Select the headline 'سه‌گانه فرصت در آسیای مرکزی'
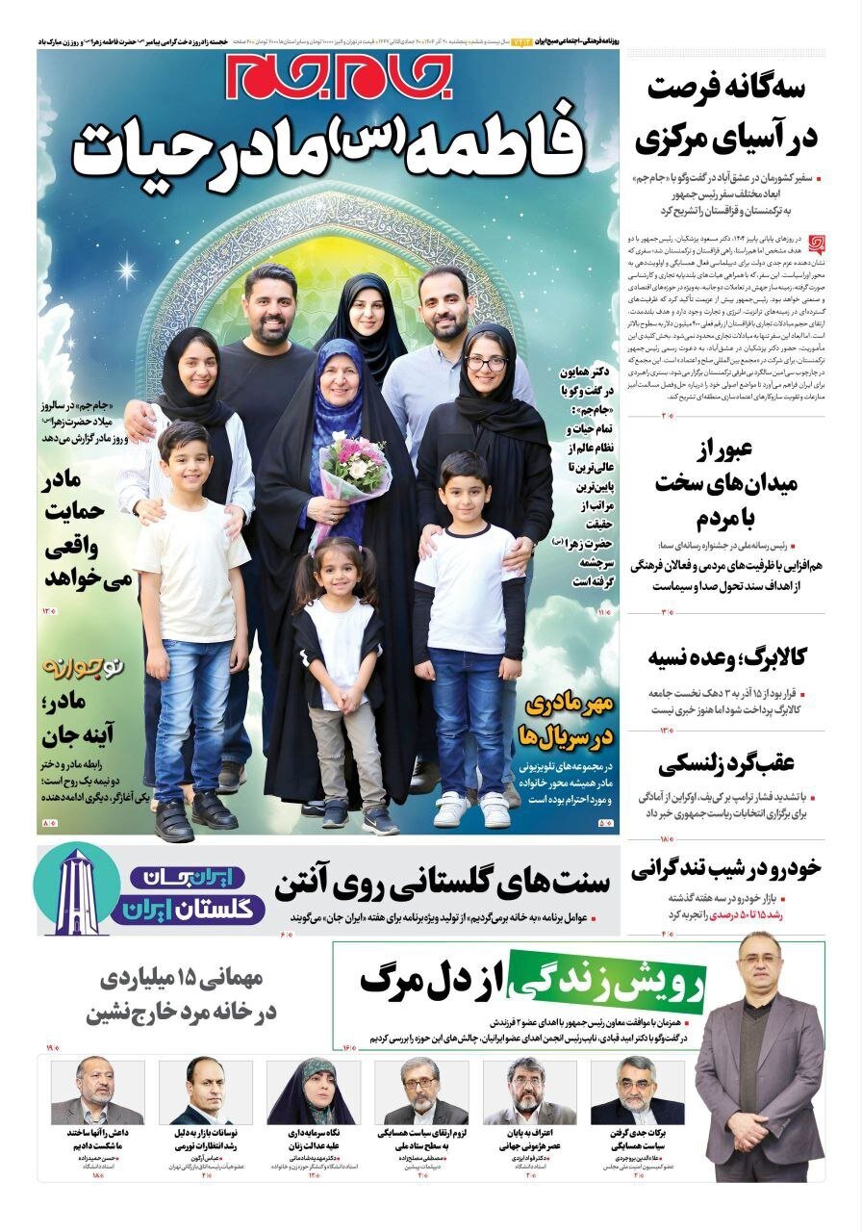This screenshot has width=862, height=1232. pyautogui.click(x=726, y=114)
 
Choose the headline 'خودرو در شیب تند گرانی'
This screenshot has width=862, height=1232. pyautogui.click(x=727, y=868)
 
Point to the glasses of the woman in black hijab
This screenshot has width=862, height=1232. pyautogui.click(x=487, y=364)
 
